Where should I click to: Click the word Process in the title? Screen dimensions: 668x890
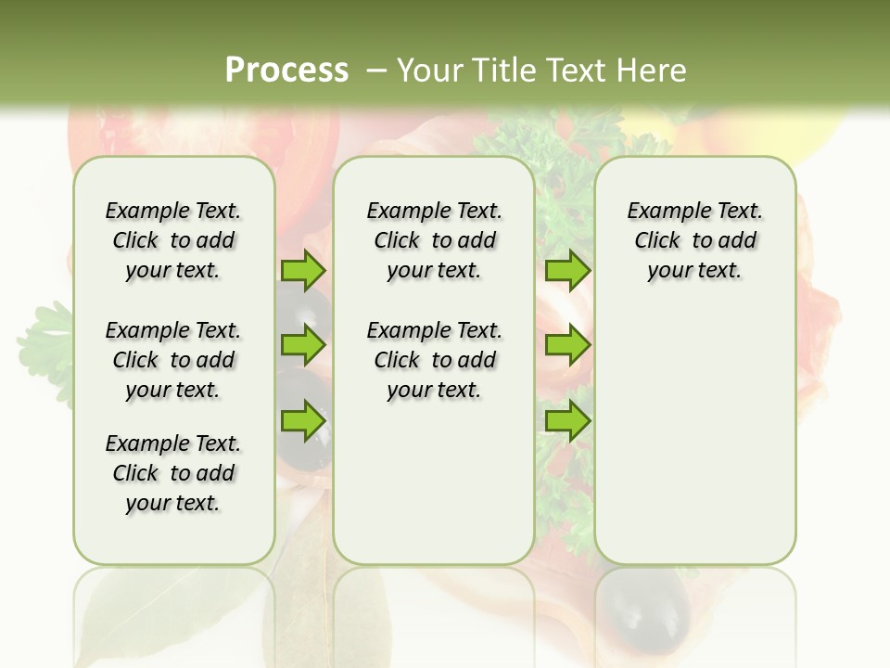click(x=286, y=70)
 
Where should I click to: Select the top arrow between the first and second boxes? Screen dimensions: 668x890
click(x=303, y=271)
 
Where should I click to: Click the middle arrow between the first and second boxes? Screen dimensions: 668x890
click(x=303, y=346)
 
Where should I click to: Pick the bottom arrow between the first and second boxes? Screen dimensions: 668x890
click(x=303, y=421)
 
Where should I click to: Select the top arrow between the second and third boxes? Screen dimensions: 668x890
click(x=567, y=271)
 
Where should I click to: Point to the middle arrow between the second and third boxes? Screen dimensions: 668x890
click(x=567, y=346)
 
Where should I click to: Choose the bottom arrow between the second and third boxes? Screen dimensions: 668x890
click(x=567, y=421)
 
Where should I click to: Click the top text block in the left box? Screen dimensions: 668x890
click(x=173, y=240)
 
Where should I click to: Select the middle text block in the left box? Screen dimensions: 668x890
click(x=173, y=360)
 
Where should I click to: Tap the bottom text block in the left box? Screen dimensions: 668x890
click(x=173, y=473)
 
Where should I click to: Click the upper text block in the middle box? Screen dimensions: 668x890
click(x=434, y=240)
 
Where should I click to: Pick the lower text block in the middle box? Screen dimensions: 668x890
click(x=434, y=360)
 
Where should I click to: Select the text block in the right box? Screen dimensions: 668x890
click(x=694, y=240)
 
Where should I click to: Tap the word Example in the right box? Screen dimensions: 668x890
click(x=661, y=211)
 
